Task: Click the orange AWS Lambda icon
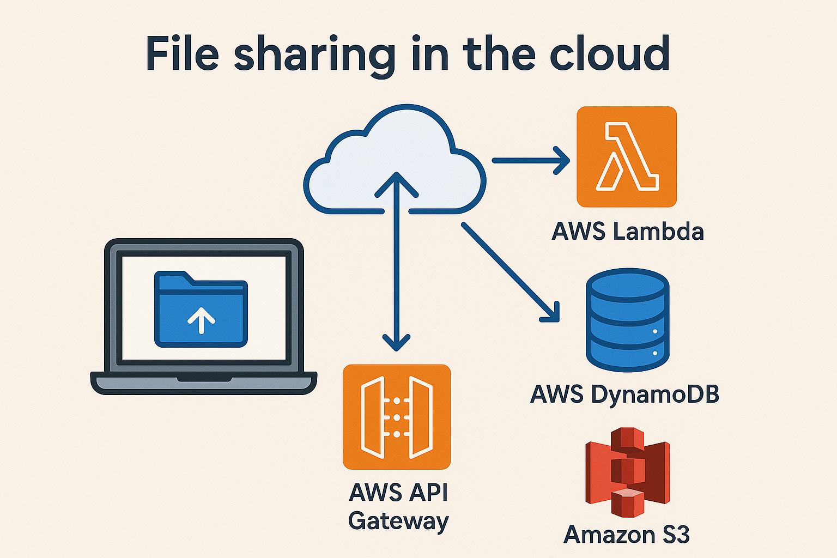tap(626, 157)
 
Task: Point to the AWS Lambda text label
tap(628, 232)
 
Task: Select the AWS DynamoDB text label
tap(624, 394)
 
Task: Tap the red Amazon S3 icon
tap(627, 472)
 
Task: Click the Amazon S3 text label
tap(627, 535)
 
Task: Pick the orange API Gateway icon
tap(397, 417)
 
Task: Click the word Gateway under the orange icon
tap(398, 521)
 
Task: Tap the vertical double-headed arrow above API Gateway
tap(396, 262)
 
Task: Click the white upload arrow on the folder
tap(201, 319)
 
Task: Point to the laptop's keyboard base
tap(203, 382)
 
